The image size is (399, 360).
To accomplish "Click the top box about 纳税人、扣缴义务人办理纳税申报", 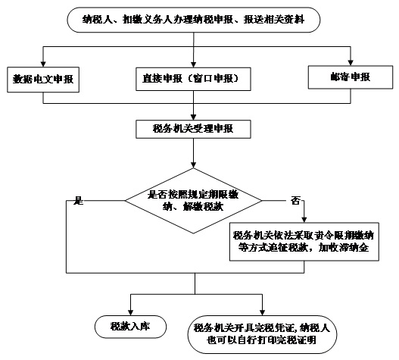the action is point(193,20).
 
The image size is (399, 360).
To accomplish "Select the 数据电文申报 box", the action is point(43,80).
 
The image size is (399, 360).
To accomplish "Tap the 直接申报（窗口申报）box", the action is point(193,79).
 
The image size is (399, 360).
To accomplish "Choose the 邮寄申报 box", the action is point(351,77).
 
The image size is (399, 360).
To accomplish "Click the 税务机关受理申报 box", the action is point(193,129).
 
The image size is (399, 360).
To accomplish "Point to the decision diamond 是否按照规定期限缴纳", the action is point(193,201).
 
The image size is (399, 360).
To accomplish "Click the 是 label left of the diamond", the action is point(78,201).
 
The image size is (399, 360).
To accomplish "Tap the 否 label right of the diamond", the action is point(295,201).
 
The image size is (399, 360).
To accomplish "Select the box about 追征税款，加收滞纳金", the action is point(304,242).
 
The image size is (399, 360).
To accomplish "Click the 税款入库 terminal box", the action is point(130,327).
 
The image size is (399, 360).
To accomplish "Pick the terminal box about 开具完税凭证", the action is point(262,334).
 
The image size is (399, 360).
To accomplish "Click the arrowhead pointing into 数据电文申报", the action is point(43,64).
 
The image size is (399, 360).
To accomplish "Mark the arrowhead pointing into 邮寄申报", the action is point(351,63).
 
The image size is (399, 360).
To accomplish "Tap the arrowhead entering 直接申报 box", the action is point(193,64).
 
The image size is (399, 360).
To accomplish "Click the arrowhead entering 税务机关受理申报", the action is point(193,117).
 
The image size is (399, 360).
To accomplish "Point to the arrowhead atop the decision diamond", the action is point(193,164).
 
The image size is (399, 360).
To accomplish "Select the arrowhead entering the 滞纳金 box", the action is point(304,220).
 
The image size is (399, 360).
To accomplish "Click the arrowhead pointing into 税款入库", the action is point(130,312).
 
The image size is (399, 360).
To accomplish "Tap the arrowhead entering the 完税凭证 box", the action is point(263,312).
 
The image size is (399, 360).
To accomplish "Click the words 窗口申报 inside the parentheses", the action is point(214,79).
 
